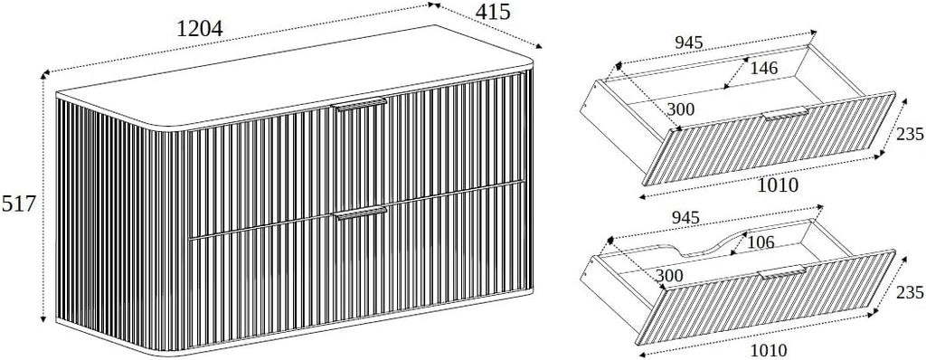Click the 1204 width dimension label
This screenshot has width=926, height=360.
pos(200,28)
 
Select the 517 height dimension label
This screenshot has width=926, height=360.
pos(19,204)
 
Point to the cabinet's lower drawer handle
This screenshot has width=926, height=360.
pos(361,213)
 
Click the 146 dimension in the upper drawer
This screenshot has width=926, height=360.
pos(763,68)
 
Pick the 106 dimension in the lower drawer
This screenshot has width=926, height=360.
pos(761,242)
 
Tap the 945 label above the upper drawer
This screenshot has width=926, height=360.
pos(688,43)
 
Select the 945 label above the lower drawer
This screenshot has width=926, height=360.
pos(685,217)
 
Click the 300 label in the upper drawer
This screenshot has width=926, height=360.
pos(680,109)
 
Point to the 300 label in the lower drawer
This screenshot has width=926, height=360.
pos(668,276)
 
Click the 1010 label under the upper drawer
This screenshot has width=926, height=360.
pos(778,185)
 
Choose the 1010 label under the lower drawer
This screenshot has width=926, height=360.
pos(769,350)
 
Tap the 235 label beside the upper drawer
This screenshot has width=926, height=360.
pos(910,134)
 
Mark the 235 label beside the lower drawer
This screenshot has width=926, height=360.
pos(910,292)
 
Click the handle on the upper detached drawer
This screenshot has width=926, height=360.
pos(786,114)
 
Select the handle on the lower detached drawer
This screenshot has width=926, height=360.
pos(782,273)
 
